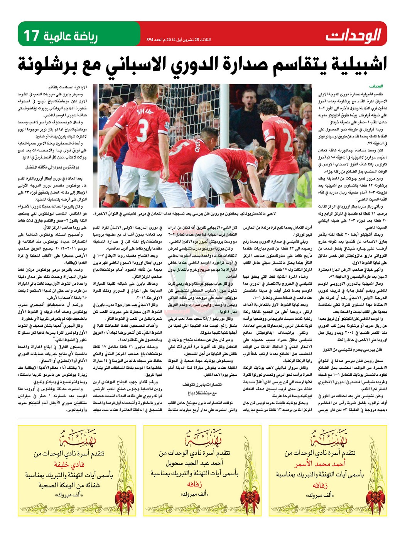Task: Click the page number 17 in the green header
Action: pos(32,35)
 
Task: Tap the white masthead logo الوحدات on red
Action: pos(353,35)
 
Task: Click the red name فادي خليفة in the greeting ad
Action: pos(69,464)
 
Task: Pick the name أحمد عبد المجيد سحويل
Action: pos(194,463)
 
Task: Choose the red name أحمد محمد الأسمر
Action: pos(320,464)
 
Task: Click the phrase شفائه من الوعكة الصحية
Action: pos(69,484)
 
